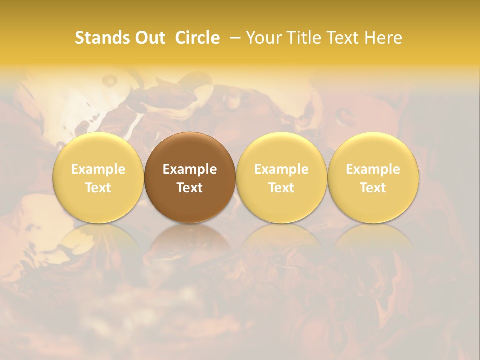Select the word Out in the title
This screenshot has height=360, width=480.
click(148, 38)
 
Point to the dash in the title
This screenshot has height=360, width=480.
click(233, 38)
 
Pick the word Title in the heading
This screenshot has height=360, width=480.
click(302, 38)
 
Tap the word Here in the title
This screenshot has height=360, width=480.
click(383, 38)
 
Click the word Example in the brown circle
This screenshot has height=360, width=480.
click(190, 169)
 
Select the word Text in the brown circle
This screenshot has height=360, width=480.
click(190, 188)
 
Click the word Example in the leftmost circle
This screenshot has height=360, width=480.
click(98, 169)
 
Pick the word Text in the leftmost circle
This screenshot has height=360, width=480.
click(98, 188)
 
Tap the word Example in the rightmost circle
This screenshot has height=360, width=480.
click(373, 169)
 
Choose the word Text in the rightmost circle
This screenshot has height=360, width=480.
click(373, 188)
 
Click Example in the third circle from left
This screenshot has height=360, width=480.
click(281, 169)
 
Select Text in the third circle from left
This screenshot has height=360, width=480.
click(281, 188)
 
